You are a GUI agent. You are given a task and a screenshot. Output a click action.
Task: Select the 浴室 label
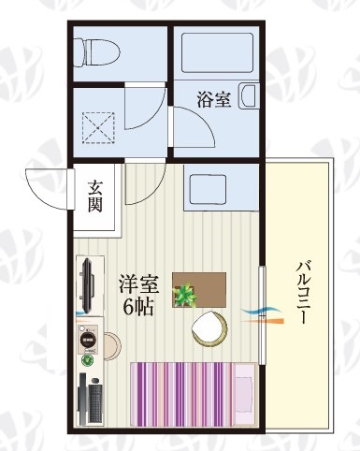(214, 98)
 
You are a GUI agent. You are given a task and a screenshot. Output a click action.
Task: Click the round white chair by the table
(209, 328)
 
